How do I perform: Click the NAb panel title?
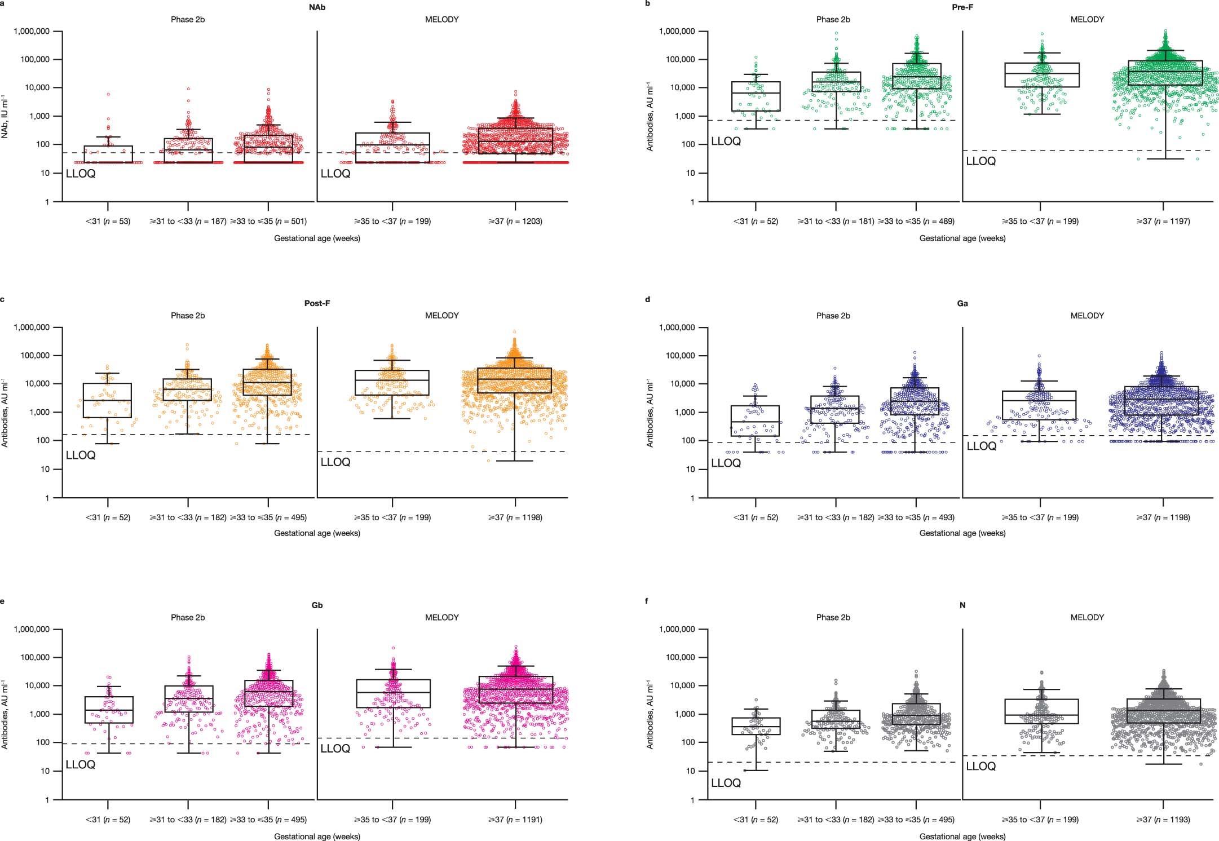click(317, 7)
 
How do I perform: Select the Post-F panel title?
click(317, 303)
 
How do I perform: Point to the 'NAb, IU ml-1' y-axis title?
click(5, 117)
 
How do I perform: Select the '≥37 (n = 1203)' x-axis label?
click(515, 222)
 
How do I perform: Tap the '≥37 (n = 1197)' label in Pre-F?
click(1163, 222)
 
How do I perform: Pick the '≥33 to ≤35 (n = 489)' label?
click(916, 222)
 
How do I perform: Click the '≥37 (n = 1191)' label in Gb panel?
click(515, 820)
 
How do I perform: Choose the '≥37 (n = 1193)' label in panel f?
click(1163, 820)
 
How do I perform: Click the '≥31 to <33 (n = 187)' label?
click(188, 222)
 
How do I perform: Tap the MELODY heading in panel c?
click(441, 316)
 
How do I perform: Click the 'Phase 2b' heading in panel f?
click(833, 617)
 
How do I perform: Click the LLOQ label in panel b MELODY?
click(981, 161)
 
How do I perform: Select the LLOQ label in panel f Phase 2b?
click(726, 783)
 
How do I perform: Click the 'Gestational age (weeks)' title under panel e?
click(317, 836)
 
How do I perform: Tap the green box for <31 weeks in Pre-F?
click(756, 96)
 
